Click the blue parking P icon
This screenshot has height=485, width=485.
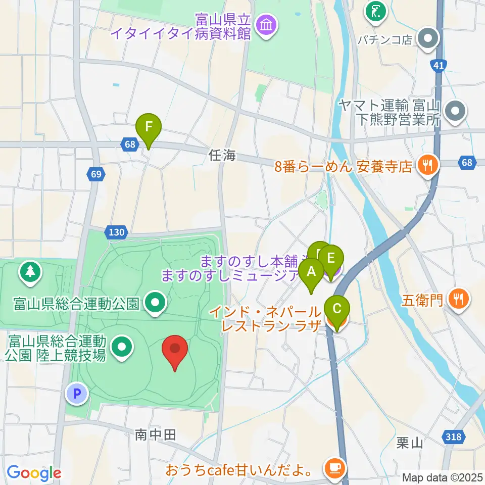tap(78, 394)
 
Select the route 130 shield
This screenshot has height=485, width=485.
tap(116, 232)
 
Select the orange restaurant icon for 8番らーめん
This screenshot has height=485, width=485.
tap(428, 165)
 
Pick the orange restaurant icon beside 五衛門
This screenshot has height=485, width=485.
tap(458, 299)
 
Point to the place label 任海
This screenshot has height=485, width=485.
tap(222, 156)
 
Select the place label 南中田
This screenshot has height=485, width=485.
tap(155, 434)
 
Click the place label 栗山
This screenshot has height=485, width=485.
tap(410, 443)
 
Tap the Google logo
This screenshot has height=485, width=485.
tap(34, 473)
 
